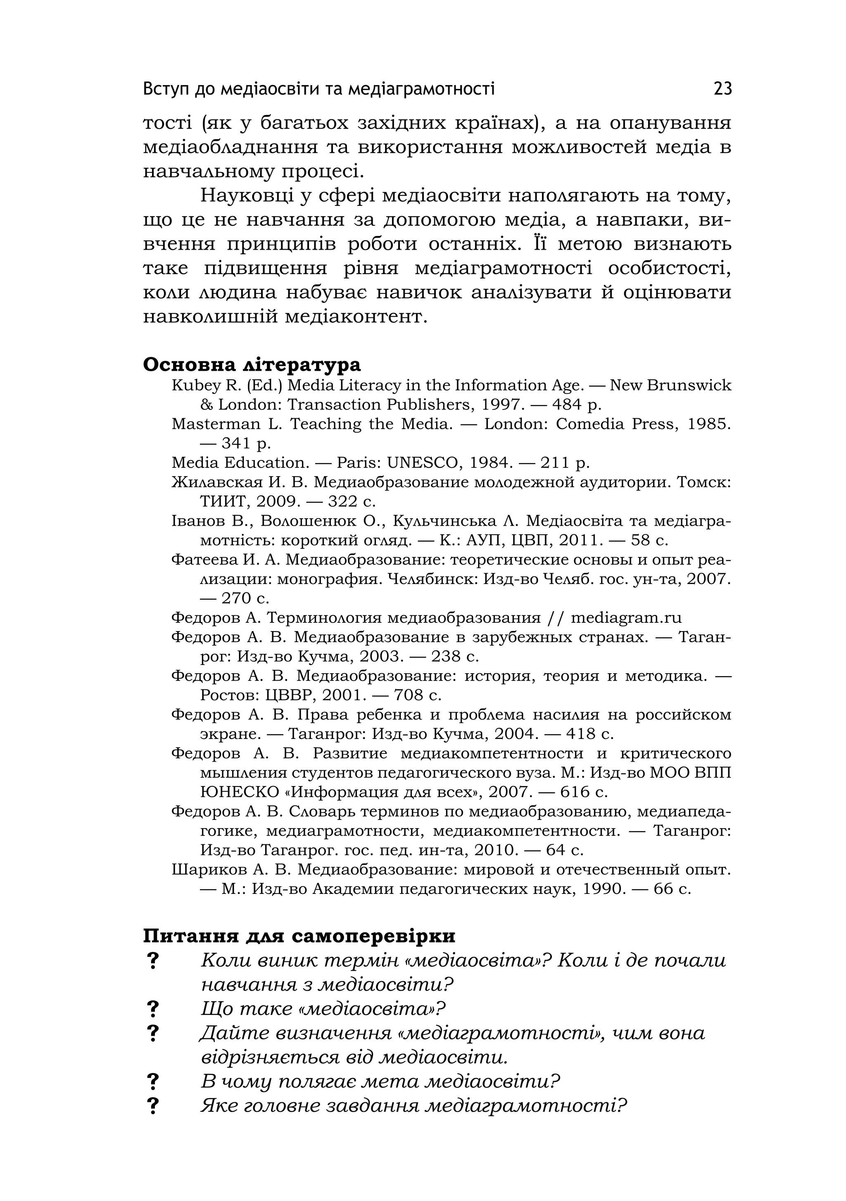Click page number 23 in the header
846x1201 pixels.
722,89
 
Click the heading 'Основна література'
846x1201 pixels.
252,365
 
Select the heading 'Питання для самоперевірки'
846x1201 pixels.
299,935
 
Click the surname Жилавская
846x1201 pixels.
213,482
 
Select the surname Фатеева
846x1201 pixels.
204,560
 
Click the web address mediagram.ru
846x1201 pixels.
626,618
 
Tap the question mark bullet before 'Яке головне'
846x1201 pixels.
153,1106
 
